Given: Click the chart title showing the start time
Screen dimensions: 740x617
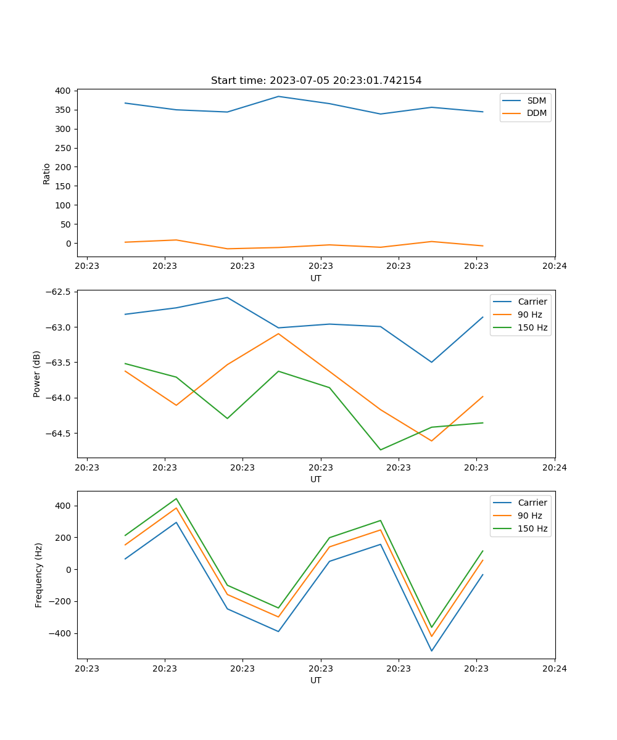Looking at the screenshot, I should (x=316, y=81).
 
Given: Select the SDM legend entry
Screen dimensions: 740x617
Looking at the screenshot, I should (x=536, y=101).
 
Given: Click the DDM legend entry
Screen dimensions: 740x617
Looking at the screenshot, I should (x=536, y=113).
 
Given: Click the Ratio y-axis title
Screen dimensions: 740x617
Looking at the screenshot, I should (x=47, y=173).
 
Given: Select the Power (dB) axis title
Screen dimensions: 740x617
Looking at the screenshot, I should (x=37, y=374).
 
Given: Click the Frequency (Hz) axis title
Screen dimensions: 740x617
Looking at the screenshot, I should (x=38, y=575).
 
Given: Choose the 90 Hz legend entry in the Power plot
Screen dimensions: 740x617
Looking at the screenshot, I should (x=529, y=314).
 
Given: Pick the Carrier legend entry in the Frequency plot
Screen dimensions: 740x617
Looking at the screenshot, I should (x=532, y=503).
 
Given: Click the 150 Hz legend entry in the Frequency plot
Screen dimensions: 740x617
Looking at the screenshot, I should (x=532, y=528).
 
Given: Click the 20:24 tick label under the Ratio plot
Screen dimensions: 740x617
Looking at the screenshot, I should (x=554, y=266).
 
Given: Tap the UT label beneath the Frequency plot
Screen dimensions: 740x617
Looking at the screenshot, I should (x=316, y=680).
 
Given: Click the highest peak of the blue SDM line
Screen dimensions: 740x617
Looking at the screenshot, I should (x=278, y=96).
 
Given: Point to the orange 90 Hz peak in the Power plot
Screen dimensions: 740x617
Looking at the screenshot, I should (x=278, y=334).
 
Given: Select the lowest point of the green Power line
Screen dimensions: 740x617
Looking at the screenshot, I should (x=381, y=450).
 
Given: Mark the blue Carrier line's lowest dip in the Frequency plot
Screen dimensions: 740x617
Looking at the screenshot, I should (x=431, y=651).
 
